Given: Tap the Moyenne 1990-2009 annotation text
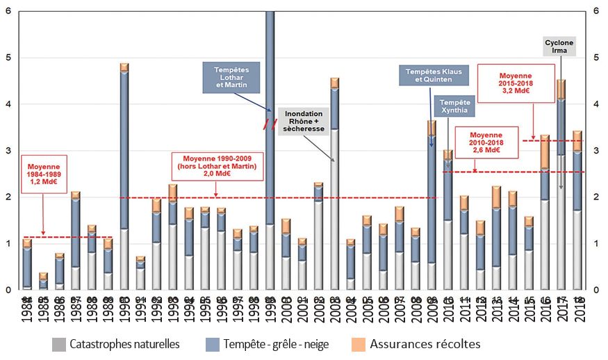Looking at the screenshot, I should (216, 168).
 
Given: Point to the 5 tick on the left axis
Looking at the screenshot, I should (7, 58).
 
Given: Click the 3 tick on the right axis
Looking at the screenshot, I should (596, 151).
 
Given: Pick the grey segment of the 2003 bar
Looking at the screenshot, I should (335, 208).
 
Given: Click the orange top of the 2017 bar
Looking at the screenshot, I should (561, 89).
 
